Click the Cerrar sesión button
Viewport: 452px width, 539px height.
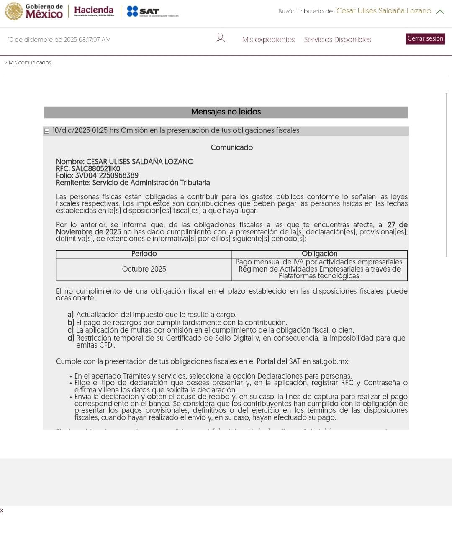[x=425, y=39]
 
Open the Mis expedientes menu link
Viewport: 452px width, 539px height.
[x=268, y=40]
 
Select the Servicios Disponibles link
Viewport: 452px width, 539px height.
[x=337, y=40]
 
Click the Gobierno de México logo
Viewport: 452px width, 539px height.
[x=34, y=11]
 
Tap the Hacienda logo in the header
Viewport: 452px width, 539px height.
[x=94, y=11]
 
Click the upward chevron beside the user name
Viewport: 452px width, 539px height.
[x=440, y=12]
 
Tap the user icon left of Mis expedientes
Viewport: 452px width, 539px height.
[x=220, y=38]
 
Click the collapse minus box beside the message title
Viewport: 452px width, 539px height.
[x=47, y=131]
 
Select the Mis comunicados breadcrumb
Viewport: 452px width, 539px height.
[x=30, y=63]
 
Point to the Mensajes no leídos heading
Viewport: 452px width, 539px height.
[x=226, y=112]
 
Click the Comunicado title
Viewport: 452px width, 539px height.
[x=231, y=147]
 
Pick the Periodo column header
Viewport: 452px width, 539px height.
[x=144, y=254]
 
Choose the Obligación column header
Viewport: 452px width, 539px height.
[x=319, y=254]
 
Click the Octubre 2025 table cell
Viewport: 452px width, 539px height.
[x=144, y=269]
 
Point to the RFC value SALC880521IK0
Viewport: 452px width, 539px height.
[x=96, y=169]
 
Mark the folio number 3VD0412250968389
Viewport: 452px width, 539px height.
[x=107, y=175]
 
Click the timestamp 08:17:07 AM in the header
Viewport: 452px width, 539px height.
[x=95, y=40]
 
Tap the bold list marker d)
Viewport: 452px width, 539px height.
[x=71, y=338]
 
